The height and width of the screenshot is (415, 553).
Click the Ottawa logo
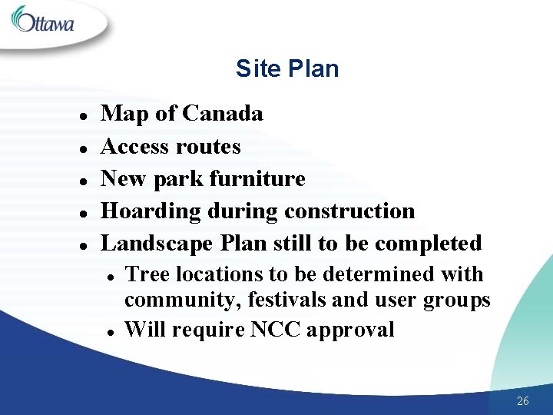point(43,21)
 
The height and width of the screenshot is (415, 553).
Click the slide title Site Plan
point(287,69)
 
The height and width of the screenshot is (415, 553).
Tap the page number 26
point(523,400)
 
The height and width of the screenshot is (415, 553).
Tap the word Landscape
point(158,244)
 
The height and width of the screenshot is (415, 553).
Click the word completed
point(428,244)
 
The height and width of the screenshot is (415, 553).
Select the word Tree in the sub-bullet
point(144,274)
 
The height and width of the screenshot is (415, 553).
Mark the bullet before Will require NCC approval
point(112,331)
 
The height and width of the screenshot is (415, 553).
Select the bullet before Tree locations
point(112,276)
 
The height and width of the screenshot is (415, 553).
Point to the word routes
point(209,146)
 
